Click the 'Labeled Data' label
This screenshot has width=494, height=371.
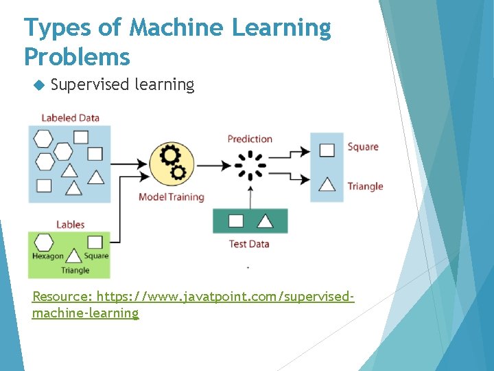[70, 117]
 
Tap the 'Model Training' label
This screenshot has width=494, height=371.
[172, 197]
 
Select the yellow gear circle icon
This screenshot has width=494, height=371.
[171, 164]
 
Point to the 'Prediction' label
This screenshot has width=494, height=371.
[250, 139]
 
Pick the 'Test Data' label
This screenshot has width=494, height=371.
[249, 244]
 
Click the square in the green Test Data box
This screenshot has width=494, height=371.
[236, 221]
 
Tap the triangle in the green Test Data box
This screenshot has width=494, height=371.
[265, 221]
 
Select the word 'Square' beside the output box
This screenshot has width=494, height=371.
[363, 147]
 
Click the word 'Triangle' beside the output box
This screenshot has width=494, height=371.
[365, 186]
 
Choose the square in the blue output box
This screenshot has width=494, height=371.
[327, 150]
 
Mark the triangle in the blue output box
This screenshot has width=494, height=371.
[327, 184]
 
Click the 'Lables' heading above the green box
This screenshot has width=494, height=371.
[70, 224]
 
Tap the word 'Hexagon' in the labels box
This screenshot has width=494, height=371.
[48, 256]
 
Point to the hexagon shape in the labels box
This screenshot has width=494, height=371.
[45, 243]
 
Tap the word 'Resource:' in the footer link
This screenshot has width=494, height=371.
[62, 297]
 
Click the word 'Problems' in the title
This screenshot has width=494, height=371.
[77, 56]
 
